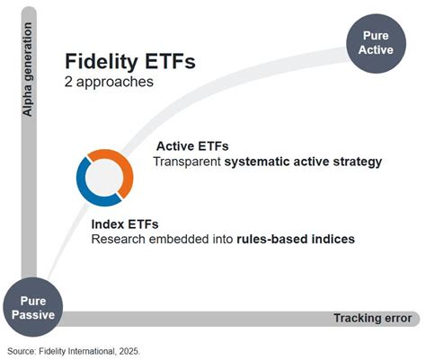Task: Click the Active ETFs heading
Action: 191,145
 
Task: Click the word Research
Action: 118,239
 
